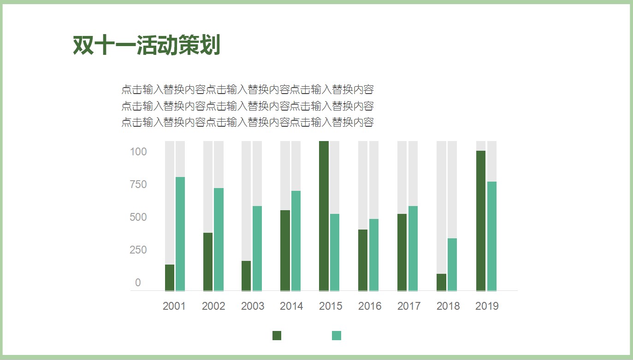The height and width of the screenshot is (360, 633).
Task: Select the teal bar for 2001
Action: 180,234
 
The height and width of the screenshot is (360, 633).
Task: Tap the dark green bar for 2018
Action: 441,282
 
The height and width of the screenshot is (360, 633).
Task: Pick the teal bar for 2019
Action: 492,236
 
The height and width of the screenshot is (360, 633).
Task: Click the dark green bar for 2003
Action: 246,276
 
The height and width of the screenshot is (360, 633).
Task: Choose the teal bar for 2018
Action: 452,264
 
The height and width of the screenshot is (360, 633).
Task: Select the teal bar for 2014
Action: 296,241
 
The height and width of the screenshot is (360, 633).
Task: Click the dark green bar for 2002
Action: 208,261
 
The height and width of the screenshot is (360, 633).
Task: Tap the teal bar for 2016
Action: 374,254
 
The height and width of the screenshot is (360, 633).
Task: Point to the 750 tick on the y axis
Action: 138,184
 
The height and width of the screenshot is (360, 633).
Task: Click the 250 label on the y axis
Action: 138,250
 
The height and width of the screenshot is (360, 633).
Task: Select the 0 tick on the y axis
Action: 138,283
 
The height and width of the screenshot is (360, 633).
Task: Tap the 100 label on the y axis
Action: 138,152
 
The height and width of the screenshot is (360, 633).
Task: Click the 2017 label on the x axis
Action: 409,306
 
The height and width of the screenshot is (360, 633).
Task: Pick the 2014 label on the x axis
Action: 291,306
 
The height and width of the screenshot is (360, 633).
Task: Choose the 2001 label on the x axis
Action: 174,306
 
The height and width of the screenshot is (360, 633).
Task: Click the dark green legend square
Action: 277,336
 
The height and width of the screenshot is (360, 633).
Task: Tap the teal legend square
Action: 337,336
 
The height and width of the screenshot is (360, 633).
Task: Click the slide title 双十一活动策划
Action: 147,45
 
